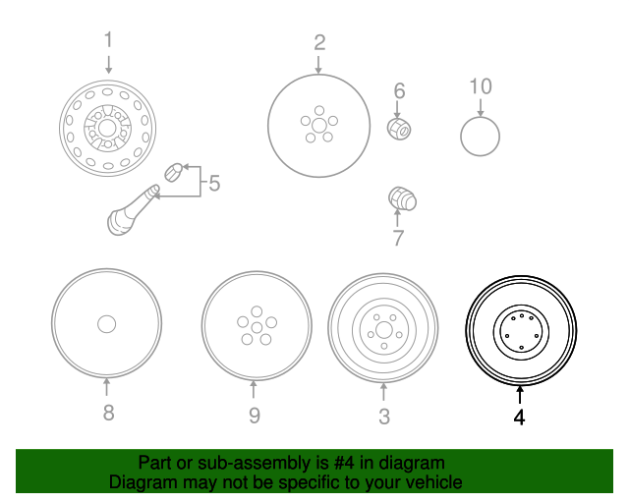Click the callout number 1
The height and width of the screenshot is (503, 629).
pos(109,40)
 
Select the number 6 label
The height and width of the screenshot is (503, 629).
pos(399,91)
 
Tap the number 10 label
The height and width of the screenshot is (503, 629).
pos(480,86)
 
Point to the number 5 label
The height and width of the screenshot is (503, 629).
pos(213,182)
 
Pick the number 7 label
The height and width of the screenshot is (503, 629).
pos(398,238)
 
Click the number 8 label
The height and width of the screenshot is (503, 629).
pos(108,413)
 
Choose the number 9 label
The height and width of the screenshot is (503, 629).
pos(255,416)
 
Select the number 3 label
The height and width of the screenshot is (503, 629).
pos(384,417)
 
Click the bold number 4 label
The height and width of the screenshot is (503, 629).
pos(519,418)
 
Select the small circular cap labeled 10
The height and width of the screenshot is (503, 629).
pos(480,135)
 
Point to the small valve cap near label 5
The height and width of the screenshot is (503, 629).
pos(173,171)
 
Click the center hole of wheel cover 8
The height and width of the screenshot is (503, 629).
pos(107,323)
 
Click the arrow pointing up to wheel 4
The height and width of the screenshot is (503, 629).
pos(519,395)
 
